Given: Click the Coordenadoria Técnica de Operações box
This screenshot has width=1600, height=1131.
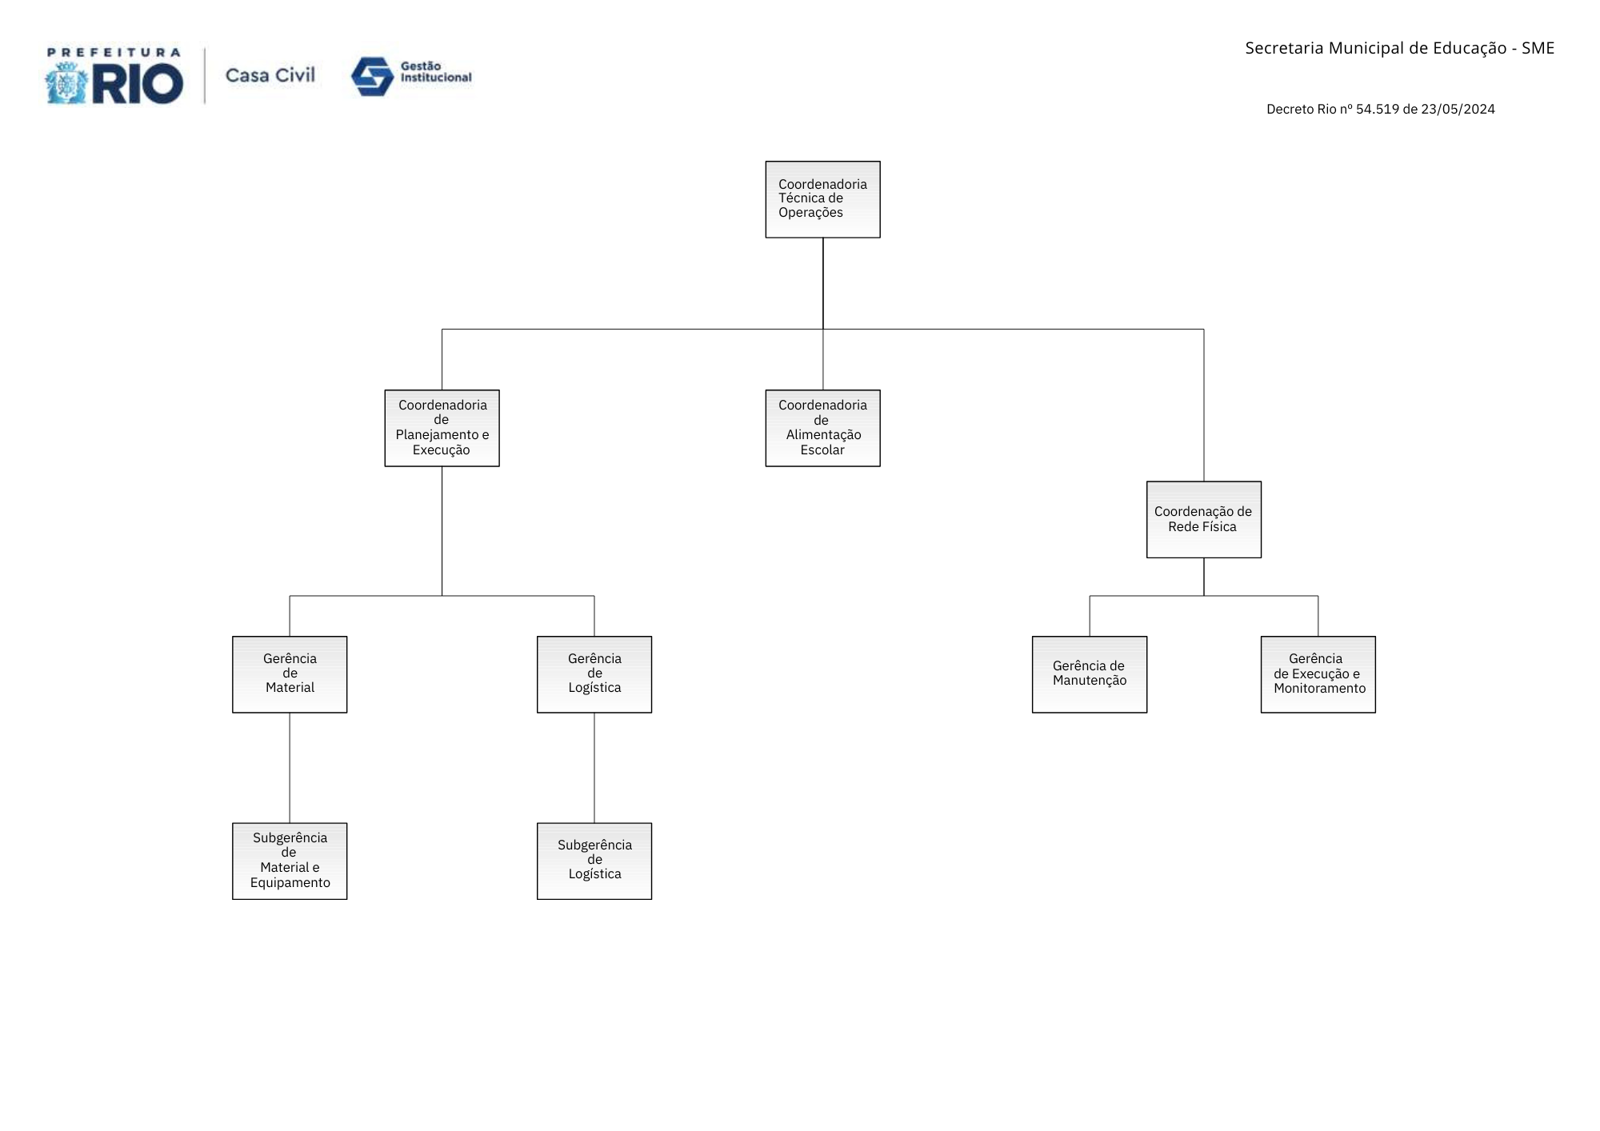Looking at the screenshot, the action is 822,199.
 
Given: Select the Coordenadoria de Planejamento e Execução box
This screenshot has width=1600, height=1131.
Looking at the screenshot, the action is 442,428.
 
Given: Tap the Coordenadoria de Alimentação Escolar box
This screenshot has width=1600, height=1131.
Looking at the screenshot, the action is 822,428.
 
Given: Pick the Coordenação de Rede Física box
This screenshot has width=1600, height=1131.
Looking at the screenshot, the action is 1203,519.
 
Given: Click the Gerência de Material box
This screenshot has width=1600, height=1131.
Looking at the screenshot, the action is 290,674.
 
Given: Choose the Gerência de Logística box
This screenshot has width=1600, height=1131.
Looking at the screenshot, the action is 594,674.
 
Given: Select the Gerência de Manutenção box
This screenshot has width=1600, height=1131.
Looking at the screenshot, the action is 1090,674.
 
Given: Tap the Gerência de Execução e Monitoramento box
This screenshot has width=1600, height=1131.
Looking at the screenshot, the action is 1318,674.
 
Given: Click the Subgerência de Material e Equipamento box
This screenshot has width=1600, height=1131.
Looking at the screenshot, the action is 290,861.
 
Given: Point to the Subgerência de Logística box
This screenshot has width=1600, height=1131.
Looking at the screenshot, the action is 594,861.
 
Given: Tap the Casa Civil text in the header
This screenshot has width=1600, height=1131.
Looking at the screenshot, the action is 270,75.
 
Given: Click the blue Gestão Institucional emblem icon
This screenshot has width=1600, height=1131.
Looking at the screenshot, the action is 372,77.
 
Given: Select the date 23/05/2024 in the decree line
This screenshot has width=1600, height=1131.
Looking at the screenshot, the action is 1458,109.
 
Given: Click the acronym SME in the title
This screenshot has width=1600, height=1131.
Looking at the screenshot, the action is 1538,48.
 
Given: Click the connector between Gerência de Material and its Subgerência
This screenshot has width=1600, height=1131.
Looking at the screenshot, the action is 290,768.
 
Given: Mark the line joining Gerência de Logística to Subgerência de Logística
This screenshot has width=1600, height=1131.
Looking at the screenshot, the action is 594,768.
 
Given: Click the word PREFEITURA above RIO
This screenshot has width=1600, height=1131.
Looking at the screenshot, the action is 114,53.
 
